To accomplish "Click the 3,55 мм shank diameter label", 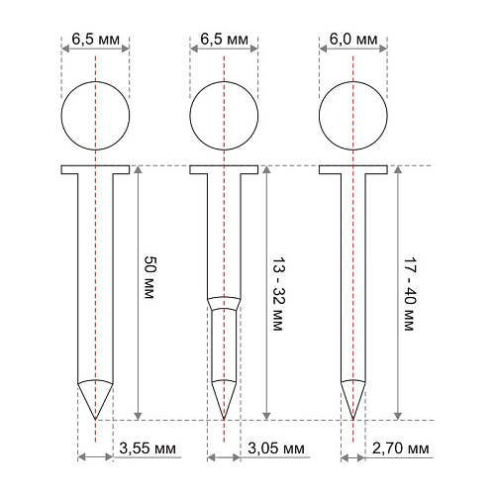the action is tap(148, 448).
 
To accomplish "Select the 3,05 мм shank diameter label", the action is tap(276, 448).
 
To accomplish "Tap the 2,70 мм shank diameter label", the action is tap(401, 448).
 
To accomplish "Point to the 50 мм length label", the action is tap(150, 277).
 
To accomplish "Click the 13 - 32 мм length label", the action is tap(278, 294).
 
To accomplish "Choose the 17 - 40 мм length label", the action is tap(410, 294).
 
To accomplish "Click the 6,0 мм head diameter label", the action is tap(353, 40).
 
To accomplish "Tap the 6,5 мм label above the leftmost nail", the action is tap(96, 40).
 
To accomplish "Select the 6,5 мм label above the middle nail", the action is tap(225, 40).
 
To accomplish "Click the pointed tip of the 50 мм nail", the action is tap(95, 420).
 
